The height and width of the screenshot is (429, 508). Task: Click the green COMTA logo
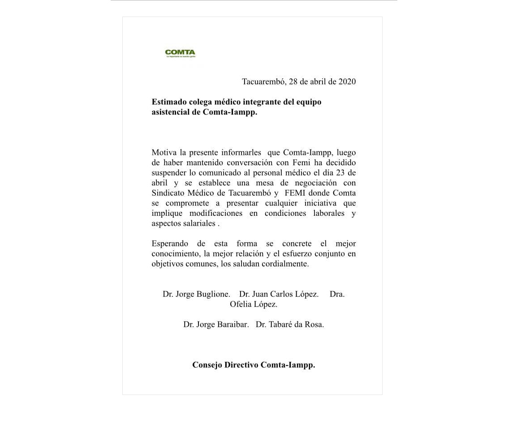(180, 53)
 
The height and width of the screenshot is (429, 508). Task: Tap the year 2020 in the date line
(347, 82)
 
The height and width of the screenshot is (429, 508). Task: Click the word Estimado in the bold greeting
(169, 102)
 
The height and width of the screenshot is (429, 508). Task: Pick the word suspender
(168, 173)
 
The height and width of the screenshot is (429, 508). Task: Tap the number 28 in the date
(293, 82)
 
